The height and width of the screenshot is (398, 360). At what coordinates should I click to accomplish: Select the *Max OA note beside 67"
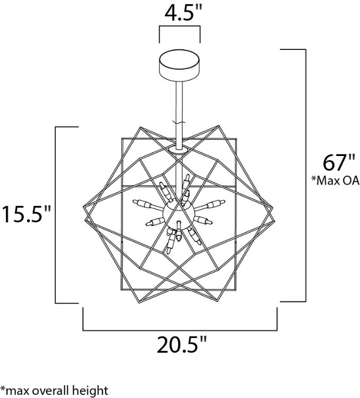pyautogui.click(x=335, y=181)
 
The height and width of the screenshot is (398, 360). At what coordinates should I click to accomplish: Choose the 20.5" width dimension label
pyautogui.click(x=180, y=345)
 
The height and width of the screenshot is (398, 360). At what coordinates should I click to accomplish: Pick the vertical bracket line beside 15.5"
pyautogui.click(x=56, y=215)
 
